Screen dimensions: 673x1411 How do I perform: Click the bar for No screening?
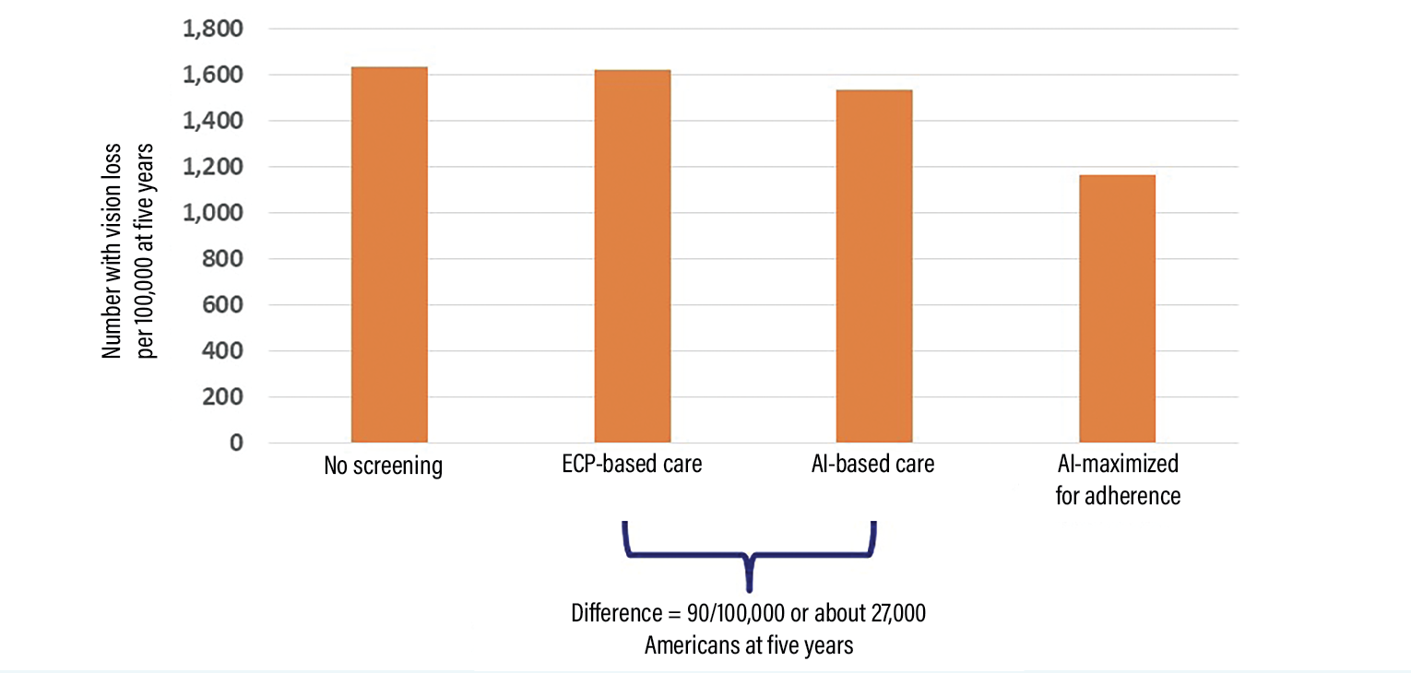[389, 255]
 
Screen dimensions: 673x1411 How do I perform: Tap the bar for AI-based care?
[874, 266]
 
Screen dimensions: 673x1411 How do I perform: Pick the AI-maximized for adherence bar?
[1117, 309]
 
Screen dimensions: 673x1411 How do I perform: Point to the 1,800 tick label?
[212, 30]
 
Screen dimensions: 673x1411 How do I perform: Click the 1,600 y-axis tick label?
[212, 75]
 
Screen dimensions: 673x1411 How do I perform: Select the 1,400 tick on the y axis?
[212, 121]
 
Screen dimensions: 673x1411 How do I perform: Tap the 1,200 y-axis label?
[212, 167]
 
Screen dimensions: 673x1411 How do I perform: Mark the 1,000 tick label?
[212, 213]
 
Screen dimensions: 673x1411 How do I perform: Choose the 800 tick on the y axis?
[223, 259]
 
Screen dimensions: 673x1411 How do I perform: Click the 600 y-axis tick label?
[223, 305]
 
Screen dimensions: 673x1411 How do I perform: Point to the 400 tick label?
[223, 351]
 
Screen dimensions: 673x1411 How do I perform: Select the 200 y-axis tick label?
[223, 397]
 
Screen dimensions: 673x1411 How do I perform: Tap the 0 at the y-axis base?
[236, 443]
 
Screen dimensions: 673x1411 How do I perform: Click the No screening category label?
[383, 466]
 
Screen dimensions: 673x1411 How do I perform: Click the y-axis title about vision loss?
[129, 249]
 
